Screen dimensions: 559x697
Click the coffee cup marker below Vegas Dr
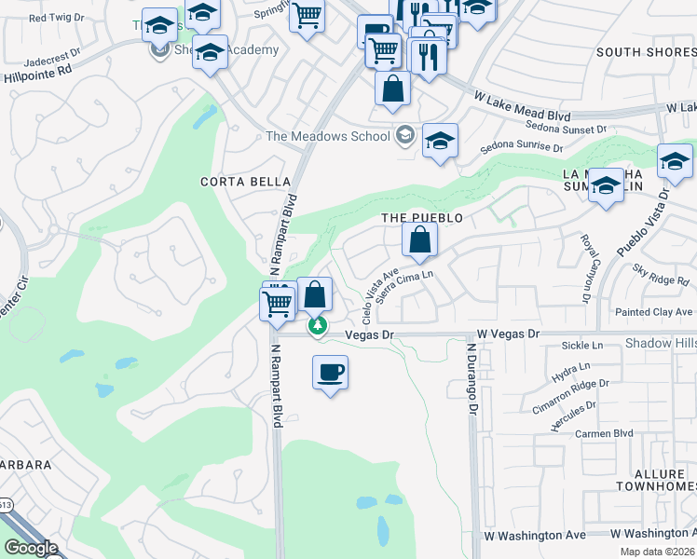pyautogui.click(x=330, y=373)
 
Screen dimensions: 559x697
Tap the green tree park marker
pyautogui.click(x=319, y=326)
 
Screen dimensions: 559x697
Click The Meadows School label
pyautogui.click(x=327, y=136)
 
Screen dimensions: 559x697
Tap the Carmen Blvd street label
pyautogui.click(x=604, y=433)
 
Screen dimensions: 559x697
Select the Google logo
pyautogui.click(x=31, y=548)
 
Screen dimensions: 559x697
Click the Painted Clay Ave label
pyautogui.click(x=653, y=311)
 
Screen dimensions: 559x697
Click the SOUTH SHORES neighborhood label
pyautogui.click(x=645, y=52)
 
